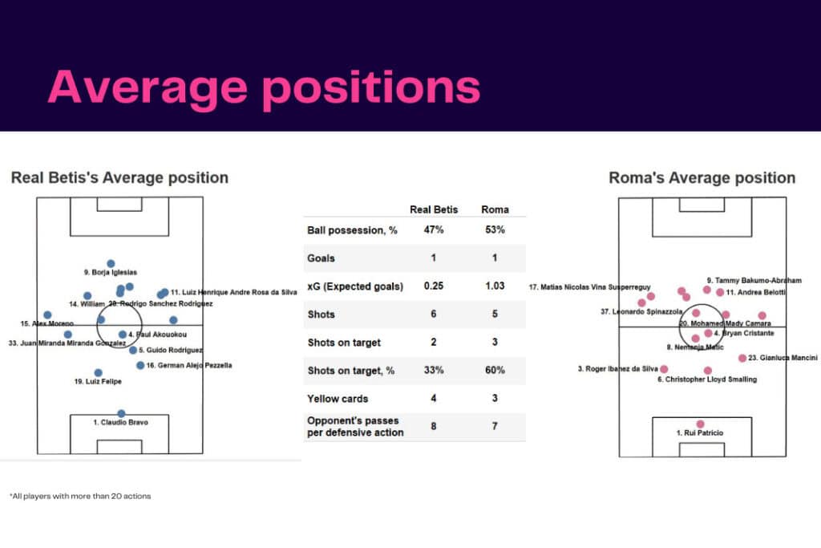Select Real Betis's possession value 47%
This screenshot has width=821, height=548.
coord(434,230)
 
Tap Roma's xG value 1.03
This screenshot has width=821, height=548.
coord(494,286)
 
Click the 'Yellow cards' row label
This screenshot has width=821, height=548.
coord(338,398)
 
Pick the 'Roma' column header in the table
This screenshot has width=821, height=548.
coord(494,209)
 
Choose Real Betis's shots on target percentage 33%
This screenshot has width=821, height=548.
coord(434,370)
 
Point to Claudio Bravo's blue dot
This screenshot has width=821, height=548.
coord(121,413)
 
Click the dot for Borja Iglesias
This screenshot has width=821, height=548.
coord(111,263)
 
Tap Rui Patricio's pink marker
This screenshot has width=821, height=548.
coord(701,424)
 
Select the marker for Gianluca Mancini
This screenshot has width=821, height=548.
coord(742,358)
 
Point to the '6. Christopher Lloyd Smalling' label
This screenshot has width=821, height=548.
coord(707,380)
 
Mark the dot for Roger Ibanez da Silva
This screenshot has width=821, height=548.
coord(664,369)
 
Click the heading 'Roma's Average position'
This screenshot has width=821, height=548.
coord(702,178)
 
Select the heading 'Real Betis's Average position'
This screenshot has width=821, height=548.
coord(119,177)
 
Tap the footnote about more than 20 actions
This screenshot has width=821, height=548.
coord(80,496)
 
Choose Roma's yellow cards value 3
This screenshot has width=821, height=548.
coord(494,398)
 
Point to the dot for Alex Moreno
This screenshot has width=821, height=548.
coord(47,315)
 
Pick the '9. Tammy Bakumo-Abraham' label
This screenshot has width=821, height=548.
coord(753,281)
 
